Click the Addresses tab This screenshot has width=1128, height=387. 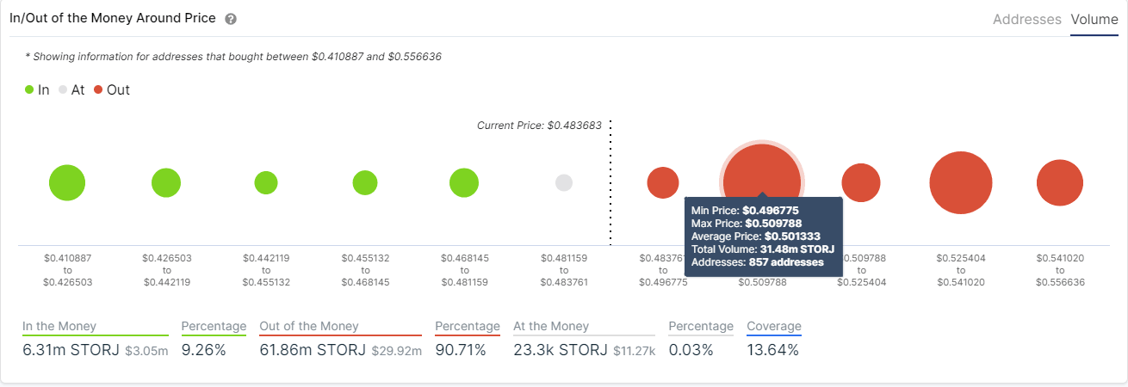coord(1027,19)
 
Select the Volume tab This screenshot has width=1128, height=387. coord(1094,19)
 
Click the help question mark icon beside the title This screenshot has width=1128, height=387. coord(230,19)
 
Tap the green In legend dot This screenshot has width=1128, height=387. coord(29,89)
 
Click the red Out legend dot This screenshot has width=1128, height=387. coord(99,89)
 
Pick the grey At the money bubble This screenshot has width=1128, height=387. coord(564,182)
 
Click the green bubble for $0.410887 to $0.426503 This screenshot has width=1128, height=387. coord(67,182)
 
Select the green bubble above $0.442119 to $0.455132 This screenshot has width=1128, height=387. coord(266,182)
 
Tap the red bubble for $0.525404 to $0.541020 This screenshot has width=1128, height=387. coord(961,182)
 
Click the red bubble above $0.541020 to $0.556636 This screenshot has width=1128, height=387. coord(1059,182)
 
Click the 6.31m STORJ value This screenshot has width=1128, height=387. coord(71,350)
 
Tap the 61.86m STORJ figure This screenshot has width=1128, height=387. coord(313,350)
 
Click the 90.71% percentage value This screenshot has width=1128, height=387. coord(461,350)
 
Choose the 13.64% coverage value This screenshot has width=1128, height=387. coord(773,350)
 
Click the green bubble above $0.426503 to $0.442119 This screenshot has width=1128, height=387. coord(166,182)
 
